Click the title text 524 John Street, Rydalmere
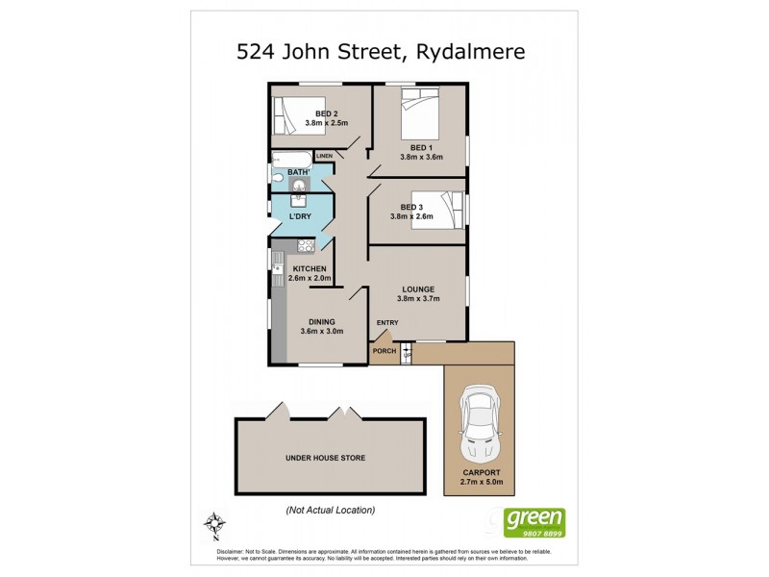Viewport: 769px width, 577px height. pos(382,51)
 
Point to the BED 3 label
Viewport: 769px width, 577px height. pos(411,207)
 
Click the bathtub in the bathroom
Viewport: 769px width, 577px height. pos(292,159)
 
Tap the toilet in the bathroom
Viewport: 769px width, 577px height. pos(277,178)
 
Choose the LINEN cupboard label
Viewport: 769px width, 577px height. pos(324,156)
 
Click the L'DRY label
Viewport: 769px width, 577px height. pos(300,216)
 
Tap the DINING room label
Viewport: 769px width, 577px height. pos(320,322)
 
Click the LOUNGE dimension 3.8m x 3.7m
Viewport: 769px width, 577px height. pos(419,298)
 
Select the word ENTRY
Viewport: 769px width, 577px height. pos(387,322)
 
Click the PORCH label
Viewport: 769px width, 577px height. pos(384,351)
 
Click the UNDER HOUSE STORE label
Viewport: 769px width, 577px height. pos(325,458)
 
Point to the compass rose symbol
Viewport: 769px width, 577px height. pos(214,525)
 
